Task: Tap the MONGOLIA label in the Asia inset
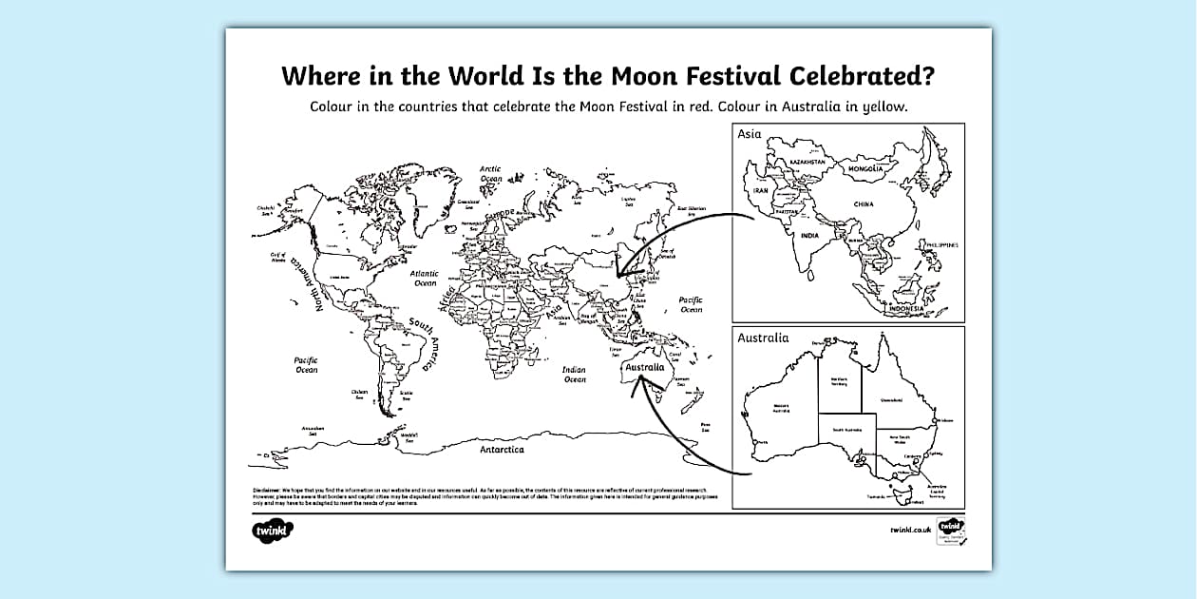pos(865,169)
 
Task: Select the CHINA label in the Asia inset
pos(863,204)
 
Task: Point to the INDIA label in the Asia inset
pos(808,235)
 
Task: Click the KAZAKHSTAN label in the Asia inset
pos(805,163)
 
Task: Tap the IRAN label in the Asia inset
pos(760,190)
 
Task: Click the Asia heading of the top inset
pos(750,134)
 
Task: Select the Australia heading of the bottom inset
pos(763,338)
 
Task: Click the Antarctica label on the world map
pos(501,449)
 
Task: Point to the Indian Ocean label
pos(574,375)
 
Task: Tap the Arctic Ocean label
pos(490,173)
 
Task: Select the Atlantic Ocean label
pos(425,278)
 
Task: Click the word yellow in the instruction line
pos(884,106)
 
